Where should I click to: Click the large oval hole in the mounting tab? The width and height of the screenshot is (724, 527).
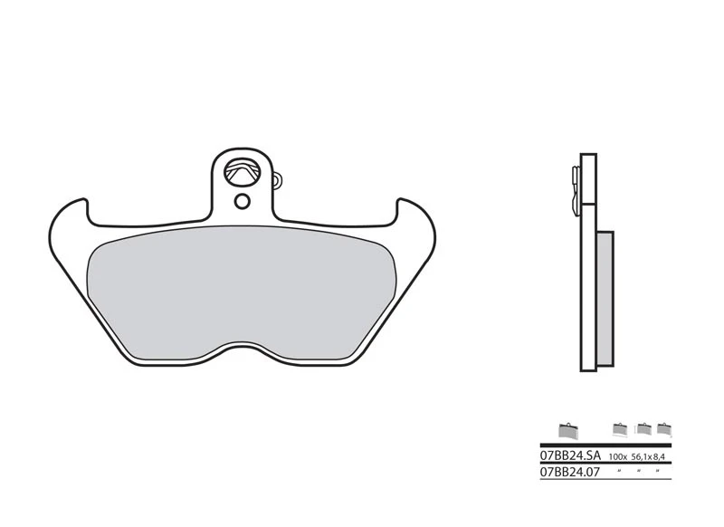coord(244,169)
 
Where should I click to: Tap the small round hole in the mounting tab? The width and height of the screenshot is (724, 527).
coord(242,200)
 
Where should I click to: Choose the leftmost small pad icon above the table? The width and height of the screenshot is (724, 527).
coord(567,429)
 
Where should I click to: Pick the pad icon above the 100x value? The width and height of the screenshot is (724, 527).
coord(620,428)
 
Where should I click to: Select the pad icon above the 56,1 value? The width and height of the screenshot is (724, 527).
coord(643,428)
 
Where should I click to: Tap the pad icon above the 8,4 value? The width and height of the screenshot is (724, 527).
coord(664,428)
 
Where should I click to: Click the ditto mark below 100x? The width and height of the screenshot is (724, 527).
coord(620,471)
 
